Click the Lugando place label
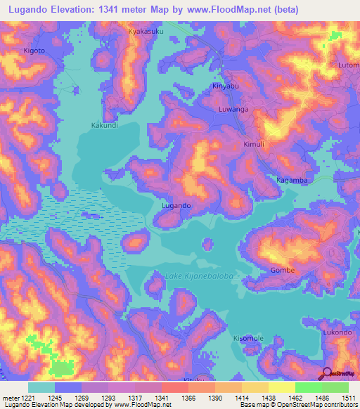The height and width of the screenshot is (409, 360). point(176,205)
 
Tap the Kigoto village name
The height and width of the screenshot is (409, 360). point(34,51)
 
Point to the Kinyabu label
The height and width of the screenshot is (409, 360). point(226,86)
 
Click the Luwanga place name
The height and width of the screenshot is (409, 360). point(233,110)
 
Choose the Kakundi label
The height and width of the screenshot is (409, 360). point(105,126)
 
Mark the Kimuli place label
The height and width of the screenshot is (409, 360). point(253,143)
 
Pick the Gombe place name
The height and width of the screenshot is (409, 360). point(282,270)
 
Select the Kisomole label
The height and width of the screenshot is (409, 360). point(248,338)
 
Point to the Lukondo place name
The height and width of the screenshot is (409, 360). point(337,332)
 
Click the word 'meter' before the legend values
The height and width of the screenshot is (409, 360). point(12,397)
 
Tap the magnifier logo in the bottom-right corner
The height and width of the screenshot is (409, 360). point(327,373)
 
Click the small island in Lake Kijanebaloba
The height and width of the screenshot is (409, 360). point(207,244)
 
